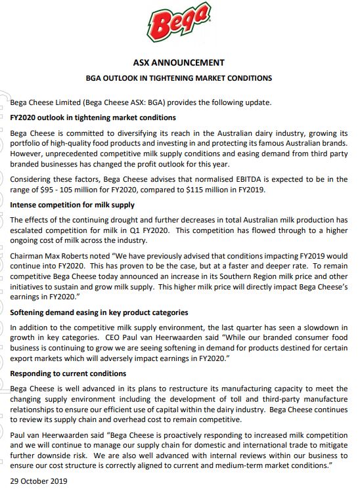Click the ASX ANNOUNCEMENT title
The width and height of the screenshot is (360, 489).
point(179,63)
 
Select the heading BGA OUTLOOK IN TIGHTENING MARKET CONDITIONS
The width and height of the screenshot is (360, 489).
point(179,78)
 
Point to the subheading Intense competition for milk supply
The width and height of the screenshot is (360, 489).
point(72,205)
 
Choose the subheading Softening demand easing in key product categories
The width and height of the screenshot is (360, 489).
point(99,312)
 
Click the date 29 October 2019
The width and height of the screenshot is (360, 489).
point(39,480)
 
